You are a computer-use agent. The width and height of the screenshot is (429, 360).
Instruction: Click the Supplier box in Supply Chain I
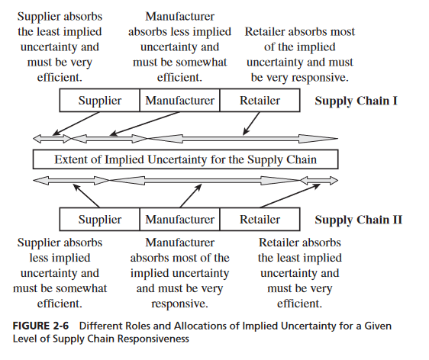(100, 101)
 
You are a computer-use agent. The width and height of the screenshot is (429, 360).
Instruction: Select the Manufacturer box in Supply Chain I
(179, 101)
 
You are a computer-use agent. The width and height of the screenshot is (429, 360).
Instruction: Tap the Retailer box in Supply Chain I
(260, 101)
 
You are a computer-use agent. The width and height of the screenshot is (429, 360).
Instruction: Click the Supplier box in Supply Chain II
(100, 220)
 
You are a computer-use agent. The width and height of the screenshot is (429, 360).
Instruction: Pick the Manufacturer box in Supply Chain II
(179, 220)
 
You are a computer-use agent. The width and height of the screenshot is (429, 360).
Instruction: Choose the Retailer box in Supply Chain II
(260, 220)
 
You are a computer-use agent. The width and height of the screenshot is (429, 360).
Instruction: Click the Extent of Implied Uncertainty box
(185, 160)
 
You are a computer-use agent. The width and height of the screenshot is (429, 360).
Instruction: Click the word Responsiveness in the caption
(144, 339)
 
